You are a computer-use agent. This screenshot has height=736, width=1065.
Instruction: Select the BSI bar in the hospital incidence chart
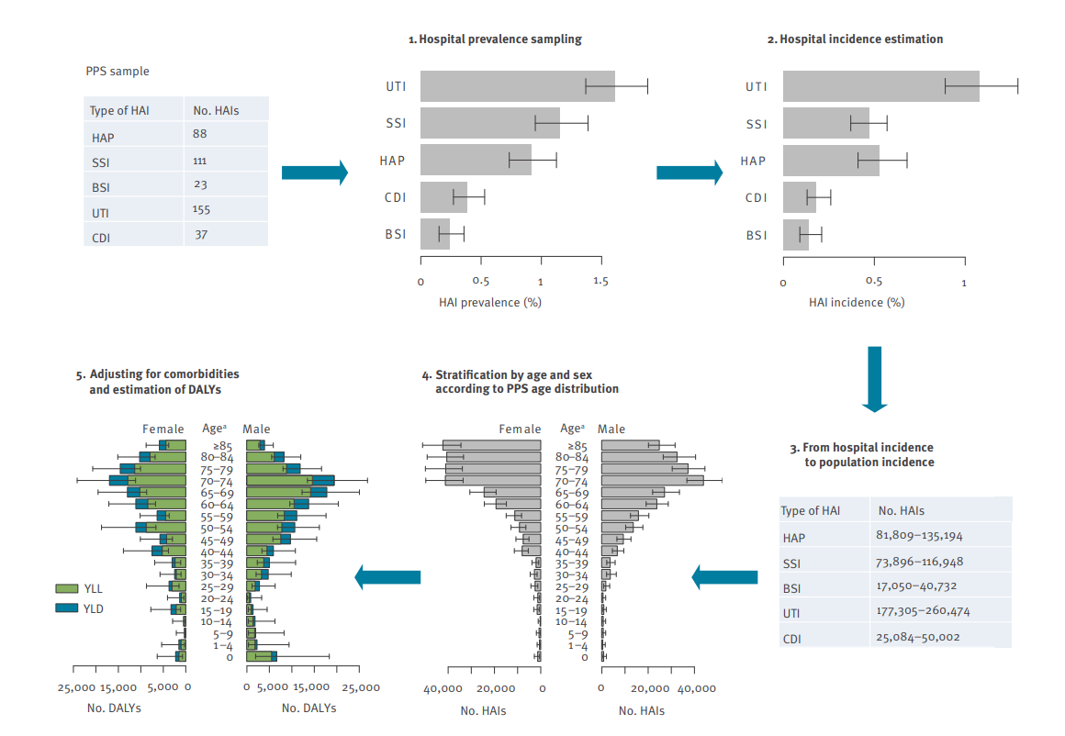[796, 235]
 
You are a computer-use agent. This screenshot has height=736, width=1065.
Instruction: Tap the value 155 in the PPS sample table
[201, 210]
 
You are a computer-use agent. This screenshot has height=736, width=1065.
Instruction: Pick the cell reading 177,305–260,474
[924, 610]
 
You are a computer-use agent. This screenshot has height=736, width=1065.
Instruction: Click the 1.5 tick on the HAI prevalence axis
[600, 283]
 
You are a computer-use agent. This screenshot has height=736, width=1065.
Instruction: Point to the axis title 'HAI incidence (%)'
[856, 302]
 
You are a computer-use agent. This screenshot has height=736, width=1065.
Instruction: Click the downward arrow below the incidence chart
[874, 378]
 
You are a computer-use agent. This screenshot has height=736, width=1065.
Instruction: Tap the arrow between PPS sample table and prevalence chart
[314, 173]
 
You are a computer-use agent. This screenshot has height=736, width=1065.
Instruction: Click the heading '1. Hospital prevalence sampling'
[495, 39]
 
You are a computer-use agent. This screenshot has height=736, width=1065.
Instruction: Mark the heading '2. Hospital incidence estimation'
[855, 39]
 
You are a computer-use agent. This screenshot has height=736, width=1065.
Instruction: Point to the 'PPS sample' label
[117, 71]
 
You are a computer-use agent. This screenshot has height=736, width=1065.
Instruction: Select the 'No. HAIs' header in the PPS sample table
[216, 110]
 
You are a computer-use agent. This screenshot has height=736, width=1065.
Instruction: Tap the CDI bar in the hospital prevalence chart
[443, 196]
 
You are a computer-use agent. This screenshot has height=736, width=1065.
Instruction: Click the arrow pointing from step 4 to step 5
[387, 576]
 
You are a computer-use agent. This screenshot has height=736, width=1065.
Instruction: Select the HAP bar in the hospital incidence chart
[831, 161]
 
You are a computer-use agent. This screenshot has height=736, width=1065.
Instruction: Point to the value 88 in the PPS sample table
[200, 134]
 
